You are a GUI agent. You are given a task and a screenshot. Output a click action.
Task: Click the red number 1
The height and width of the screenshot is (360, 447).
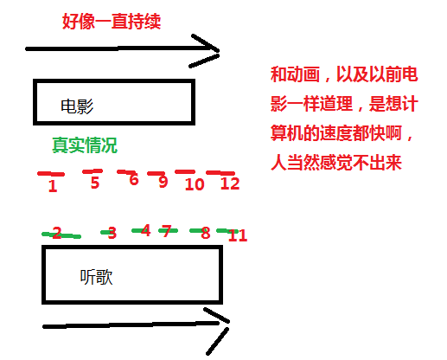point(53,186)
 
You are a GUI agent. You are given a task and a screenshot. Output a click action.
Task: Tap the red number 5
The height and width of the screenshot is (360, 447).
point(95,183)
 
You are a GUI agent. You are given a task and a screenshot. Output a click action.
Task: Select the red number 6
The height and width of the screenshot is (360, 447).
point(134,179)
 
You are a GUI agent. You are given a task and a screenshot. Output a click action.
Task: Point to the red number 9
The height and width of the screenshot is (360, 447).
point(163,182)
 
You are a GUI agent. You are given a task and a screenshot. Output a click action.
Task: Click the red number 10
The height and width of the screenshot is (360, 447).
point(195,184)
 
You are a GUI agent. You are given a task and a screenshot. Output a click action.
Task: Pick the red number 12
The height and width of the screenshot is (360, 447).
point(230,183)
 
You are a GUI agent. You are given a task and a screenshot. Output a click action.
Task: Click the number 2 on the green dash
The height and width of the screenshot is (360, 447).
point(57,233)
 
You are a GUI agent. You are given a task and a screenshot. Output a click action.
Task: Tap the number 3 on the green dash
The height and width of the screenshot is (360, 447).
point(112,233)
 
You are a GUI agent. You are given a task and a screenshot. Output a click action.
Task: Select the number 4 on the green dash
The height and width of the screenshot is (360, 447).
point(145,230)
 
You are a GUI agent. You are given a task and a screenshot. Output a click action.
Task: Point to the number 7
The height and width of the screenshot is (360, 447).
point(167,231)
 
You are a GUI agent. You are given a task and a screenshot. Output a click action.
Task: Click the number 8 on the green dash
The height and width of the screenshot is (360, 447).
point(206,233)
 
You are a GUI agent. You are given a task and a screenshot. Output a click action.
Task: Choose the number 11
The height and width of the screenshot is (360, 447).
point(238,235)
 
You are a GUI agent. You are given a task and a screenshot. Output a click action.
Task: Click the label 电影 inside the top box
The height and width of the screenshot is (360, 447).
point(77,106)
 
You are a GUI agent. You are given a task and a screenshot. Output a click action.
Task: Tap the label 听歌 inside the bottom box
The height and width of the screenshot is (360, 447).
point(96,277)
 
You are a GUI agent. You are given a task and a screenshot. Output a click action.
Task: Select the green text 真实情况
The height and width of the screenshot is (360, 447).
point(85,145)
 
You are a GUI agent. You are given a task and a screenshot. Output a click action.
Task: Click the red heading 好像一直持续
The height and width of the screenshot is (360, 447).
point(112,22)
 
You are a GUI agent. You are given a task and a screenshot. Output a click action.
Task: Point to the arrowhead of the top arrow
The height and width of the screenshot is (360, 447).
point(219,51)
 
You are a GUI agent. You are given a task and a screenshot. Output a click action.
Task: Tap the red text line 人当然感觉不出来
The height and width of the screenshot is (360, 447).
point(336,163)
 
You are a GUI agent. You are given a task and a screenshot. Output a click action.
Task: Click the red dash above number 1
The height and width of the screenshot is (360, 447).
point(51,174)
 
